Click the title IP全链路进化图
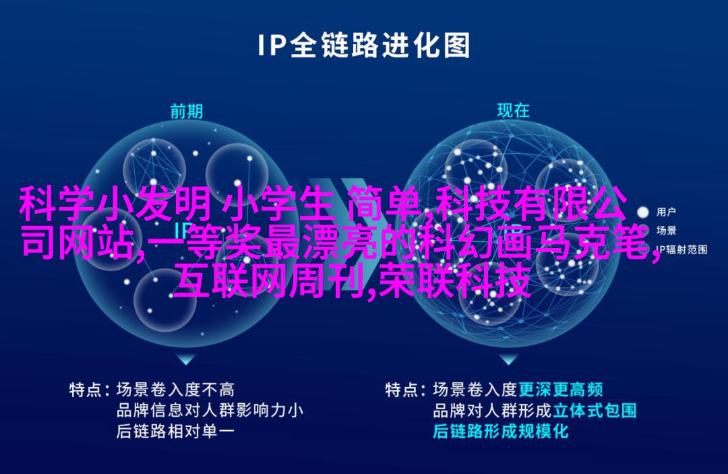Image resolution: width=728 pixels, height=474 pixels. (x=363, y=45)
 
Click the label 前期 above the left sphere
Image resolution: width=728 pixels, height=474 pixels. (x=187, y=111)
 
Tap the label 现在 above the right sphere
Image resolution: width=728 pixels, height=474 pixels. (x=513, y=111)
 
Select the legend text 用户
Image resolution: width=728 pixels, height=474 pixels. (x=666, y=212)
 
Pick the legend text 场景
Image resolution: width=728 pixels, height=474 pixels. (x=666, y=231)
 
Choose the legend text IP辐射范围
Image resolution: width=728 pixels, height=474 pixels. (x=681, y=249)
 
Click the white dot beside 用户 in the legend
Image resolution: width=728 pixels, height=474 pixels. (x=642, y=212)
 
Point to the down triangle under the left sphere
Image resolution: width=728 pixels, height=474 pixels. (x=186, y=359)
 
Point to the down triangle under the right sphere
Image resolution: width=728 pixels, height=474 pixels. (x=509, y=359)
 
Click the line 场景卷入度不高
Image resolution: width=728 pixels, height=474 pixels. (x=175, y=390)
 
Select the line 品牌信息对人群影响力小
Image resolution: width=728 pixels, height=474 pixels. (x=210, y=411)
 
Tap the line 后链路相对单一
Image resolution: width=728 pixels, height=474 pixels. (x=175, y=432)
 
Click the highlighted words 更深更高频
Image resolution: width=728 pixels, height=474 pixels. (x=560, y=389)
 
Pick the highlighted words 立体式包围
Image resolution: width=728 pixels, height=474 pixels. (x=595, y=411)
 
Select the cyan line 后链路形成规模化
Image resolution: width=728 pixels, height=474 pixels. (x=500, y=432)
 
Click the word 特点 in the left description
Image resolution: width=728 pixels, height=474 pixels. (x=86, y=390)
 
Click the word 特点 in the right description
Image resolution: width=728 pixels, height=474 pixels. (x=401, y=390)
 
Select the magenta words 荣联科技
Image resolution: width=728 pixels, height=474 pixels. (x=454, y=281)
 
